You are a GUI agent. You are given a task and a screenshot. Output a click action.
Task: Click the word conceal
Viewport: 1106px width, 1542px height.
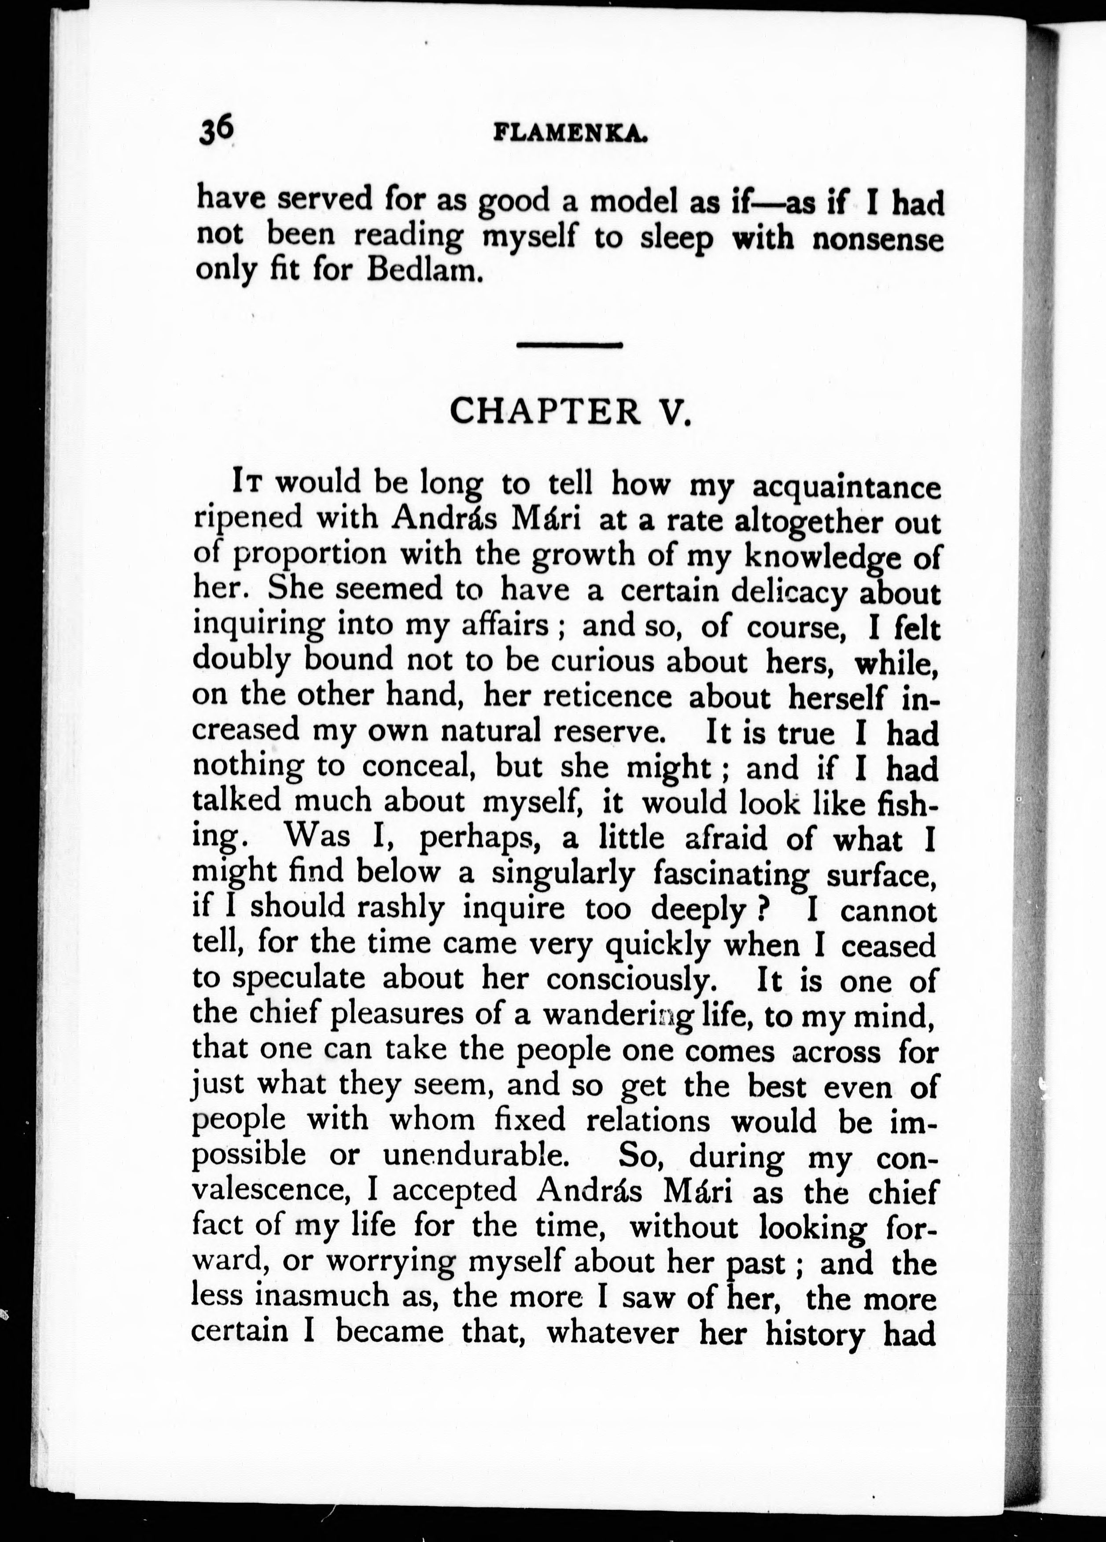[x=416, y=767]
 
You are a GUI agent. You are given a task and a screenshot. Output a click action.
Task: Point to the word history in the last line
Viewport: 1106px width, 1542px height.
[x=814, y=1332]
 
